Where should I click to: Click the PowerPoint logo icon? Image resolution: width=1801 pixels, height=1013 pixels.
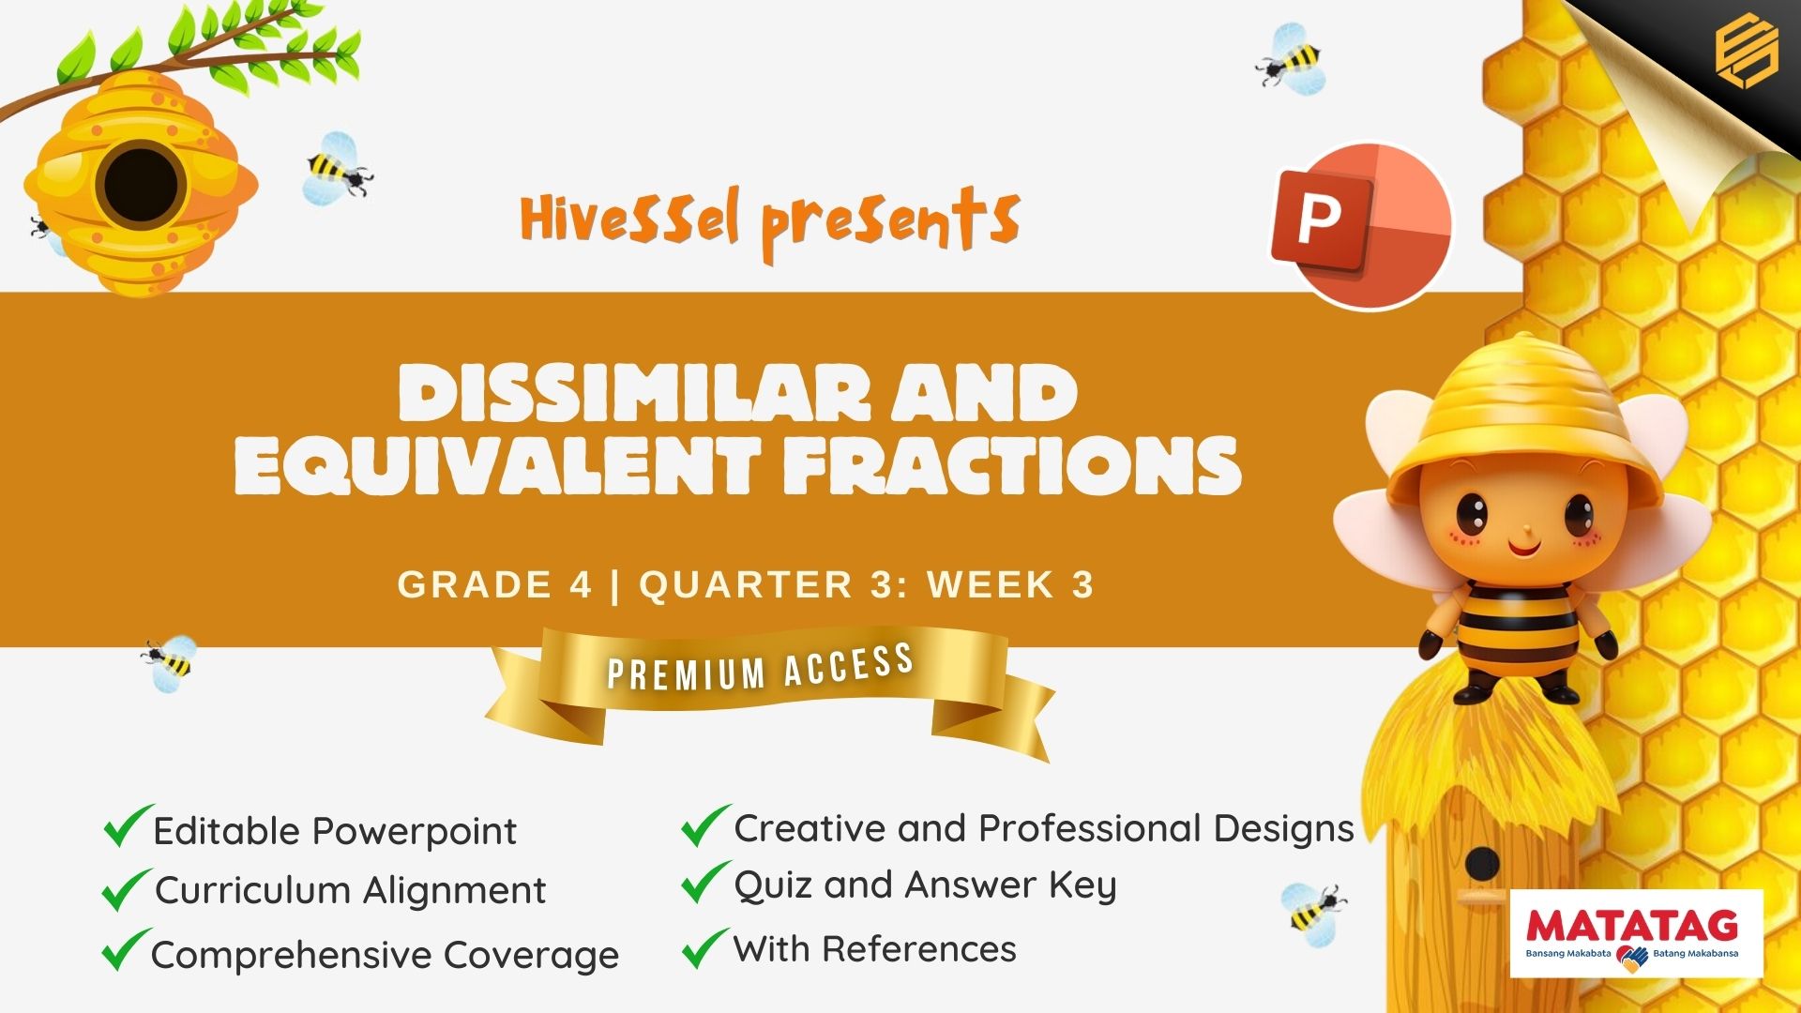pos(1361,226)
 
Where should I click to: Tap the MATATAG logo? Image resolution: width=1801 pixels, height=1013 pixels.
pos(1637,934)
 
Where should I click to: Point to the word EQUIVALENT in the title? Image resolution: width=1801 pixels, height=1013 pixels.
pos(496,466)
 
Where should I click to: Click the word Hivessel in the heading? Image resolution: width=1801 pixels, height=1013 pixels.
pos(630,218)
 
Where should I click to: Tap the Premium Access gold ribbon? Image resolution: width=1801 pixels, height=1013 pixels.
pos(769,689)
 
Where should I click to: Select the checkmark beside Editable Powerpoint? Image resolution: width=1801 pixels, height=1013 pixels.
pos(128,825)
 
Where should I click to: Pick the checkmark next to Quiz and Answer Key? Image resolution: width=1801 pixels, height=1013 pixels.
pos(705,882)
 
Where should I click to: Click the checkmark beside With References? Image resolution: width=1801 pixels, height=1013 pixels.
pos(705,947)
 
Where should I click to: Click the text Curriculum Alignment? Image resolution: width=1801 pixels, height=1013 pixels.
pos(350,890)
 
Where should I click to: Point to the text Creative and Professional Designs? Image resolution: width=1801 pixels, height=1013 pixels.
pos(1044,828)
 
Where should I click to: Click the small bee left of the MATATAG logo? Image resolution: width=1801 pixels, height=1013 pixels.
pos(1313,909)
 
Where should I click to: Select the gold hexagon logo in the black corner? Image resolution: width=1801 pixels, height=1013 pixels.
pos(1747,53)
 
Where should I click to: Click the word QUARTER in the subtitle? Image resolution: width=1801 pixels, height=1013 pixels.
pos(747,584)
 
